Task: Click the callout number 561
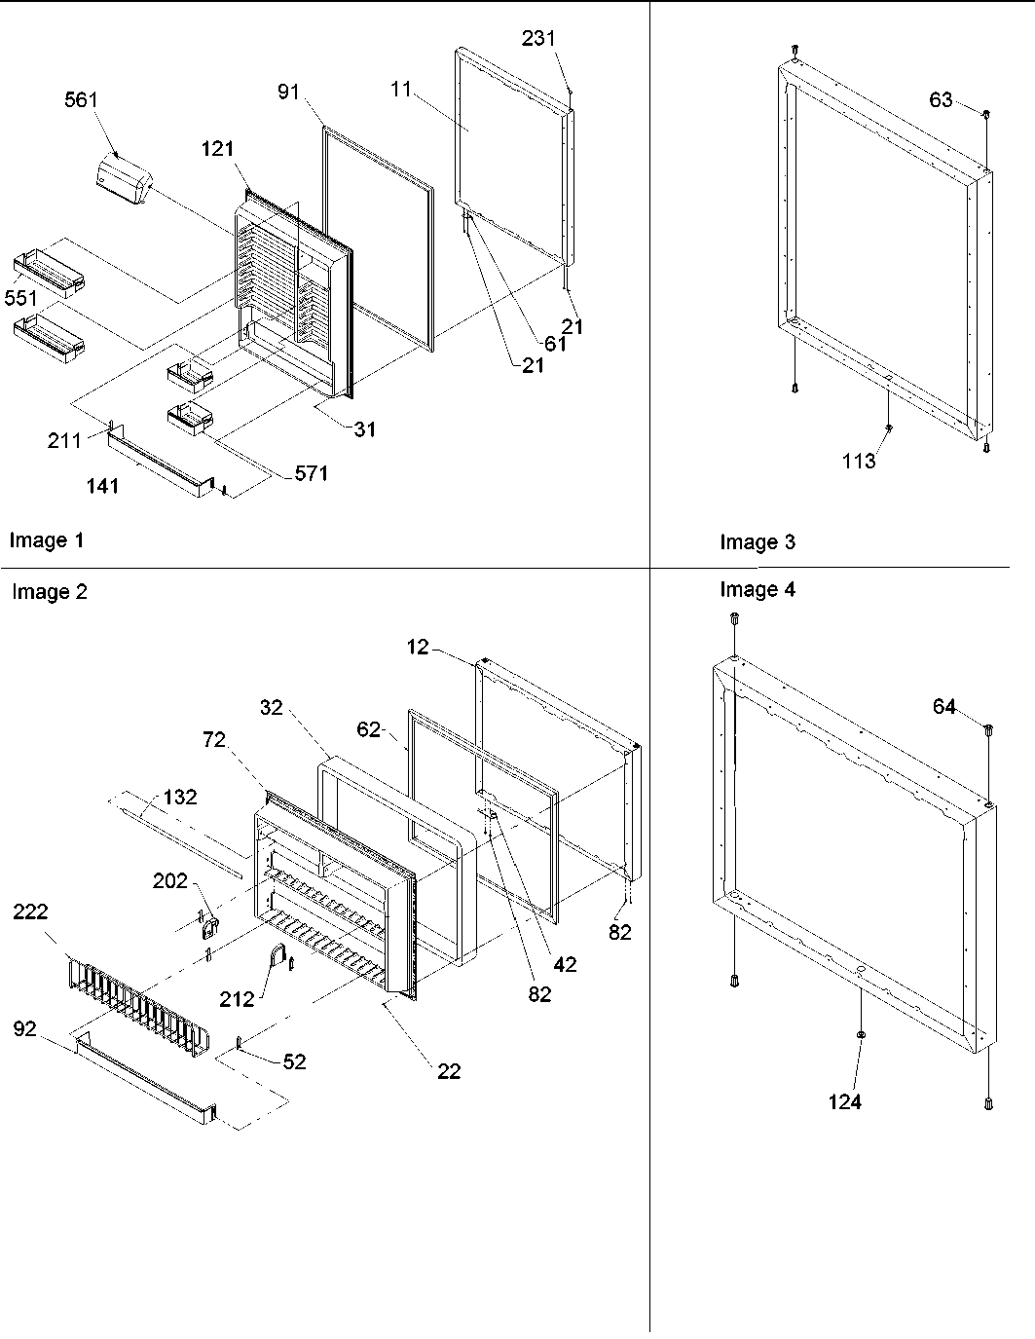point(82,100)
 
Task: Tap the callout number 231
point(537,39)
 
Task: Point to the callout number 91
point(288,93)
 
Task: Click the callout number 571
point(312,473)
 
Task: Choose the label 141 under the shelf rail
point(102,485)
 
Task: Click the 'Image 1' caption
point(46,540)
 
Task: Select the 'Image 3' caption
point(757,542)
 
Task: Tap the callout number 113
point(859,462)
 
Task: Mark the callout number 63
point(941,99)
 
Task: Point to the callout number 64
point(944,707)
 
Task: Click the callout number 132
point(180,797)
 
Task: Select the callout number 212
point(237,998)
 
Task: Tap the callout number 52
point(294,1061)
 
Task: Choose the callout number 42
point(565,964)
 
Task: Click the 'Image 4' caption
point(757,589)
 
